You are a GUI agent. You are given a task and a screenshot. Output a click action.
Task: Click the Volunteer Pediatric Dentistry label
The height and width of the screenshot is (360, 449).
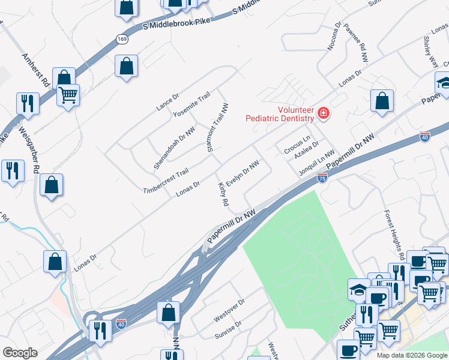(280, 114)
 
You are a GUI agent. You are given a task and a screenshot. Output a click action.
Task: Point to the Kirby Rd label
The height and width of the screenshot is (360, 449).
(223, 195)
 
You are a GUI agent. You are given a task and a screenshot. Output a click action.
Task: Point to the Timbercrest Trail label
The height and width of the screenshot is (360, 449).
(166, 181)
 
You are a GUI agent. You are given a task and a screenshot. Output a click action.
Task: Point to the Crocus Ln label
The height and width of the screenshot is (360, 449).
(297, 146)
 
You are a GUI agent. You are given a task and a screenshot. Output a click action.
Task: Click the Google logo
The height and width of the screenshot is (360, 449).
(20, 353)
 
